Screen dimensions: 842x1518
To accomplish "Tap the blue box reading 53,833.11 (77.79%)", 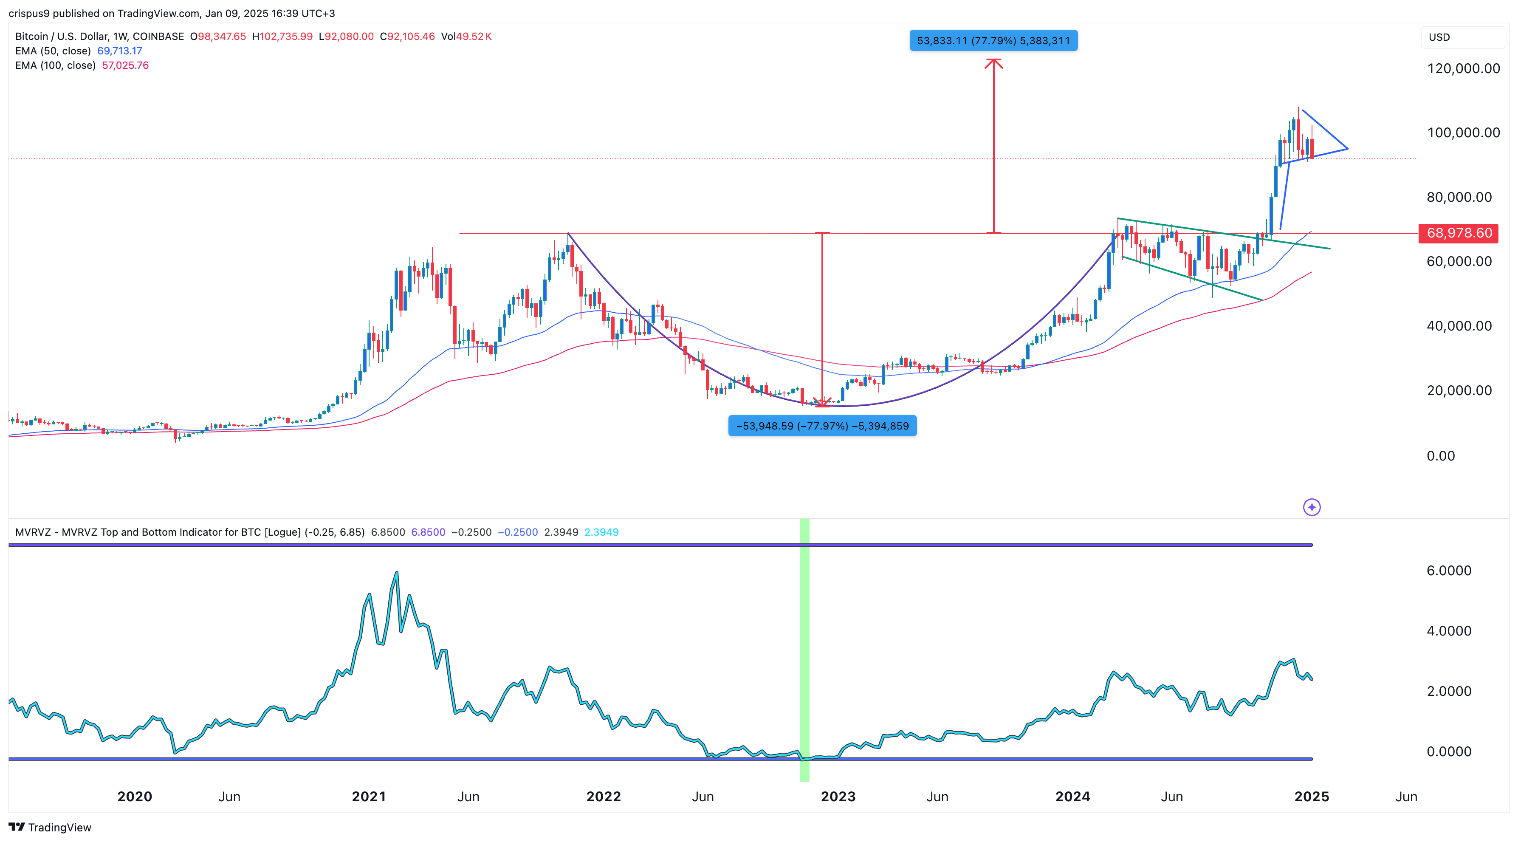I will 993,41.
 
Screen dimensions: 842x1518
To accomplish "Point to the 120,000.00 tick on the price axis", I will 1463,68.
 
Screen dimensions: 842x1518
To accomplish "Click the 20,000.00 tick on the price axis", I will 1459,391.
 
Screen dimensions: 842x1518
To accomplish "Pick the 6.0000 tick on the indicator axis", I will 1448,571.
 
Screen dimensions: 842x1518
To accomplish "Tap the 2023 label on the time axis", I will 838,797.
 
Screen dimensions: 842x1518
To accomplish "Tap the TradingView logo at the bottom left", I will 50,827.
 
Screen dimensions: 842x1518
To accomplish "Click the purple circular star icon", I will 1311,507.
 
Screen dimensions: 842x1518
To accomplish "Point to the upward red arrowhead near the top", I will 993,63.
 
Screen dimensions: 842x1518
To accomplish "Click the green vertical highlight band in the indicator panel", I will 804,648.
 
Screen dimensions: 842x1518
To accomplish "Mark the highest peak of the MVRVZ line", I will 397,572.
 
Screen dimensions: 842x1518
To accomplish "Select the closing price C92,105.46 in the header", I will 407,37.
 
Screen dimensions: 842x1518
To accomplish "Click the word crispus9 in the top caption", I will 29,13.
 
